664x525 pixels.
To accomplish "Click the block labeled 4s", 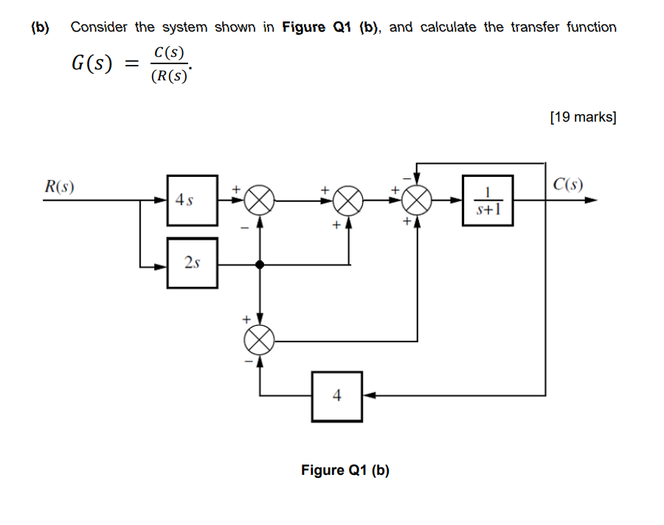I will point(192,199).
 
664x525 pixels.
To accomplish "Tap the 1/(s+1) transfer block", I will point(488,199).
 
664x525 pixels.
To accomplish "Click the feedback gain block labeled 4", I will point(336,396).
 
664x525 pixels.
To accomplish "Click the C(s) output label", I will point(567,184).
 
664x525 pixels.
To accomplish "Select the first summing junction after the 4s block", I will point(259,199).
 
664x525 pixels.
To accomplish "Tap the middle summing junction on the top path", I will point(348,199).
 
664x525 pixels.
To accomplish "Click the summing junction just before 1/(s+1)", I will point(418,199).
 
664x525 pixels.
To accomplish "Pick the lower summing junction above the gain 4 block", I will point(259,341).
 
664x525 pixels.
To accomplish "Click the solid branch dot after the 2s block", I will point(259,264).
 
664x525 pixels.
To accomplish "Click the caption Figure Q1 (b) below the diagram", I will point(345,470).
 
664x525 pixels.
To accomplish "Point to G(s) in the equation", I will point(91,64).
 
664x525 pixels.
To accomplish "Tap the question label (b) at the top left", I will point(40,27).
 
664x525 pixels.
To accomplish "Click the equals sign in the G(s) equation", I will point(131,65).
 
